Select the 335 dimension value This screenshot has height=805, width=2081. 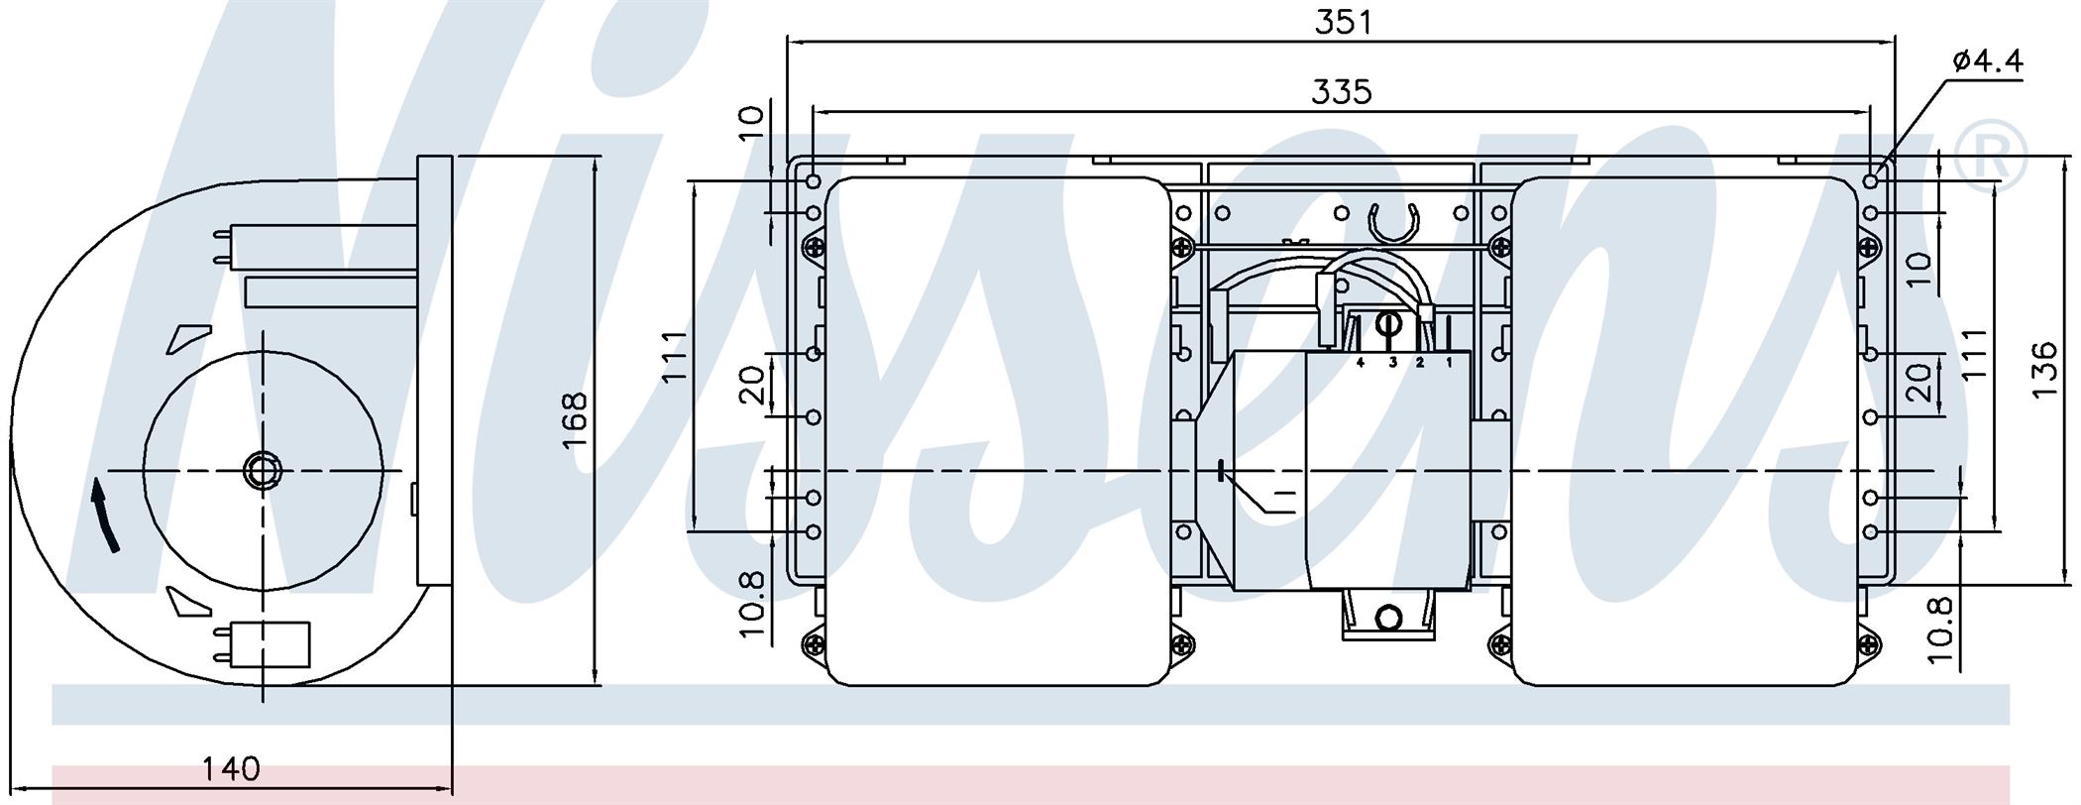click(1342, 91)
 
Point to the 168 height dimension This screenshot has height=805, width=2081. click(574, 420)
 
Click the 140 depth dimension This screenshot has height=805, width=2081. click(231, 768)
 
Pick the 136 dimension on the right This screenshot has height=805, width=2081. click(2044, 371)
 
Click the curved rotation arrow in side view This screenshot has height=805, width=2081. click(104, 515)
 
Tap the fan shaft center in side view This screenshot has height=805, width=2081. click(263, 470)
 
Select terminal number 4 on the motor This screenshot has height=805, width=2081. click(1360, 363)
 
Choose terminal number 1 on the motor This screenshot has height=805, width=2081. click(1449, 363)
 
